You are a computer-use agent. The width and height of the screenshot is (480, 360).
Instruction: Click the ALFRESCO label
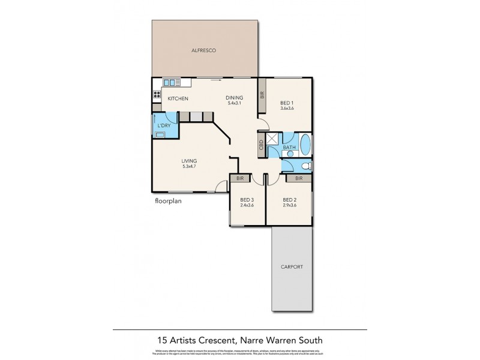pos(204,51)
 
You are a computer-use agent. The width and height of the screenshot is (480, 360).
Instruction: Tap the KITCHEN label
pos(178,98)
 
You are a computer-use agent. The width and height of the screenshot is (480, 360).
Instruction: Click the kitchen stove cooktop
pos(157,94)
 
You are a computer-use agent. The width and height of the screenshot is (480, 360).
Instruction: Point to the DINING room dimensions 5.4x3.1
pos(233,104)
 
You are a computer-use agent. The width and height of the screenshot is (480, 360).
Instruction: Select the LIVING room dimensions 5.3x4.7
pos(190,167)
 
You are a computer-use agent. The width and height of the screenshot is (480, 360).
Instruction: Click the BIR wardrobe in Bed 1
pos(262,95)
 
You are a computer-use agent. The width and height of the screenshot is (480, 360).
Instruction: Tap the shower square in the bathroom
pos(274,140)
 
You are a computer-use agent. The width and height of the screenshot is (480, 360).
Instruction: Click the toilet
pos(305,166)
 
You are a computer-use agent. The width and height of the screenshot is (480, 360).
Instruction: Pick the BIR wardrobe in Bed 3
pos(240,178)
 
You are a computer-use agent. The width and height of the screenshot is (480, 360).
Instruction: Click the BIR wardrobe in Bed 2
pos(298,178)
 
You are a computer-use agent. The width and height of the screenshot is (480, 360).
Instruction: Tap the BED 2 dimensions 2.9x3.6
pos(290,206)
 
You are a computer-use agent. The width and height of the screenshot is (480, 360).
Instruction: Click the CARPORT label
pos(291,267)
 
